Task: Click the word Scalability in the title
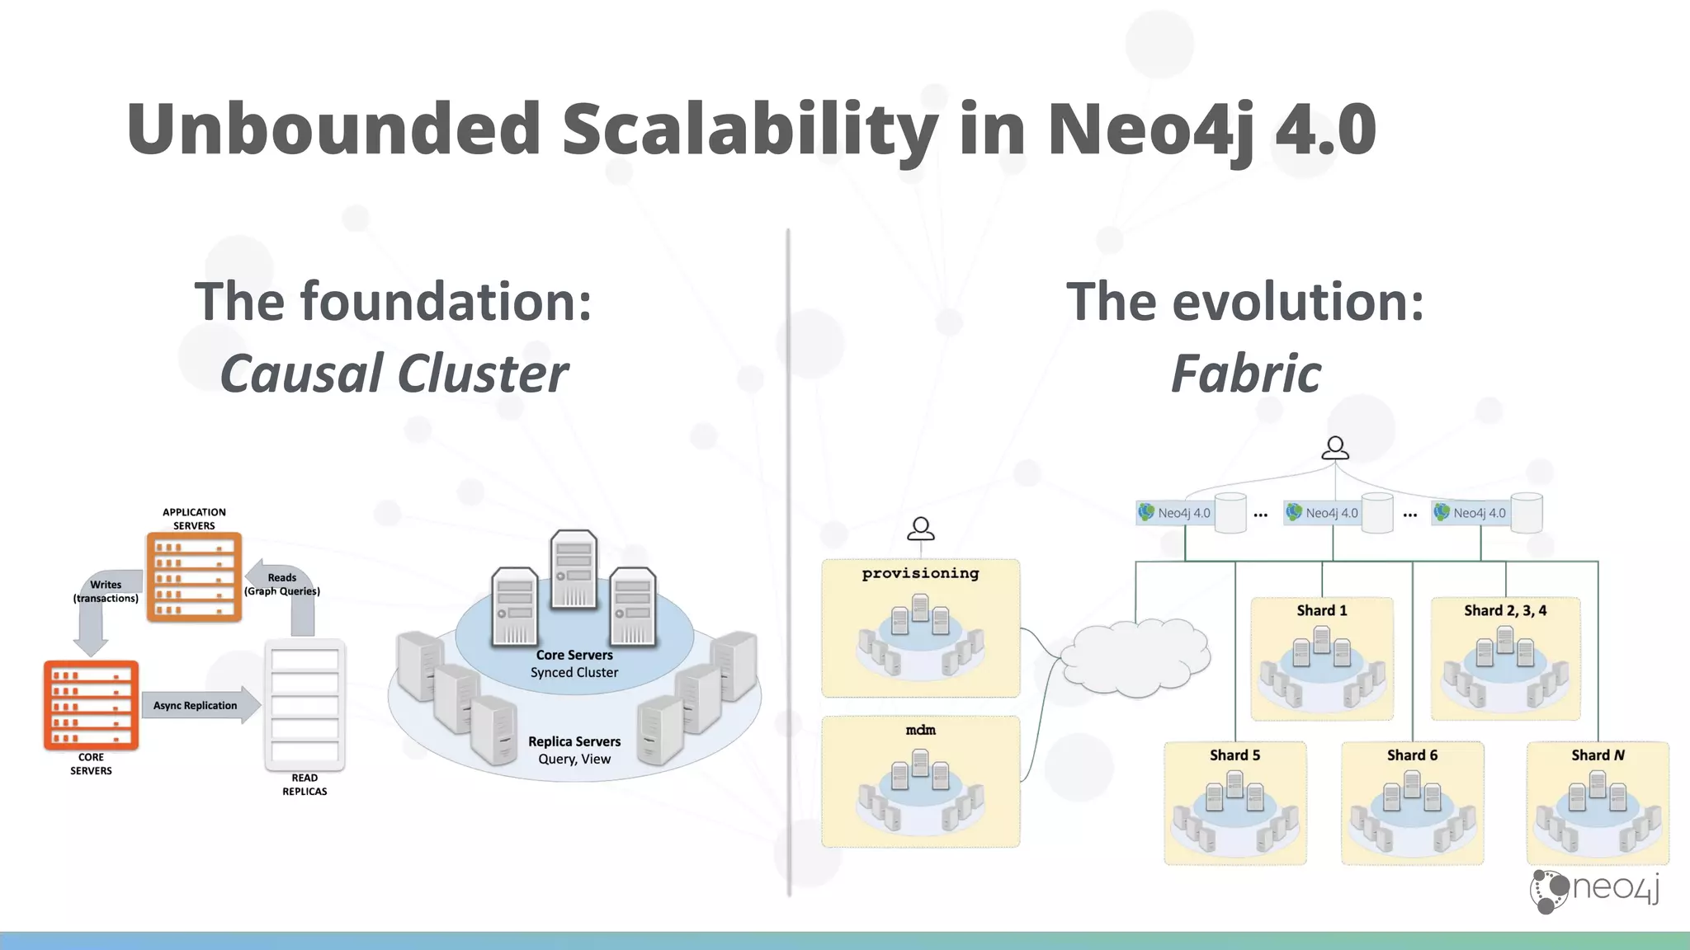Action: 749,130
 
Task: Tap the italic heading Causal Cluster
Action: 394,374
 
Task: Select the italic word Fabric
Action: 1245,374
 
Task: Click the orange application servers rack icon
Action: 194,576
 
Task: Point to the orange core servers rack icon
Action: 91,705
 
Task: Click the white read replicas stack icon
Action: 304,705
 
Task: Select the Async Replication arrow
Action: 198,705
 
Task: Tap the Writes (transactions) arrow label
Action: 106,591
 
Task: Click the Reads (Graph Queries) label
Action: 282,584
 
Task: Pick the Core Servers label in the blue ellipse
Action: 574,655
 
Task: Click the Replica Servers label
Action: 574,741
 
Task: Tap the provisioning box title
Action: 920,573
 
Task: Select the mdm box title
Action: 920,730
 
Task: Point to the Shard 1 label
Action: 1321,610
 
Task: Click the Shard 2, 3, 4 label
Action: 1505,610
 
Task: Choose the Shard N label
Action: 1598,755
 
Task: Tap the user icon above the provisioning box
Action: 920,529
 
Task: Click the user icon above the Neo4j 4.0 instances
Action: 1335,448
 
